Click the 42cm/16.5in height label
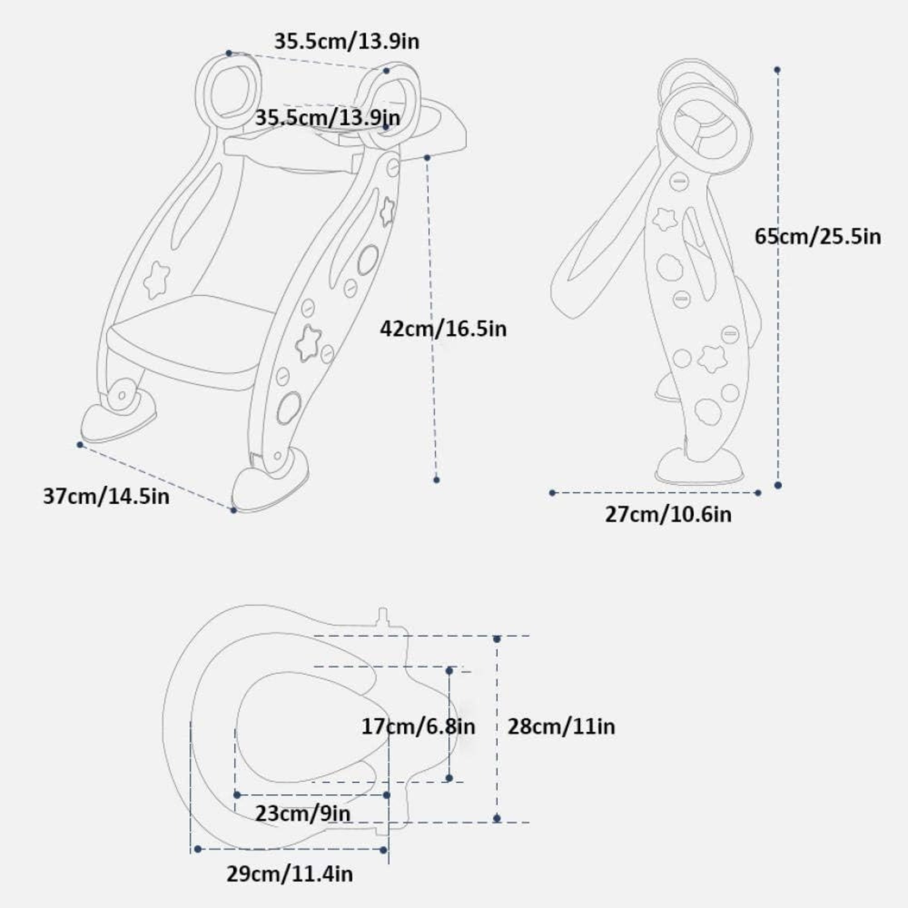(x=444, y=329)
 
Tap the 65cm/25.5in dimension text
(x=818, y=236)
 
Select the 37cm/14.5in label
(x=106, y=496)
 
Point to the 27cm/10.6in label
(x=668, y=515)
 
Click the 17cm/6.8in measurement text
(x=418, y=726)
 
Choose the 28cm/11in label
(x=561, y=726)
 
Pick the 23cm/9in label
(x=303, y=814)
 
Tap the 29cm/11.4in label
(x=289, y=874)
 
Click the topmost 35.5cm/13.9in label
(x=346, y=41)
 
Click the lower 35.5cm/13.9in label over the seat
(x=327, y=118)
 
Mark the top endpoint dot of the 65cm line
(x=777, y=70)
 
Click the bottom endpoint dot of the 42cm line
(x=436, y=479)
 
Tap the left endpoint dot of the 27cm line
(x=552, y=493)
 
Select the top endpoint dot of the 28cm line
(x=496, y=639)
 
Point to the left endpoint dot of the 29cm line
(x=198, y=849)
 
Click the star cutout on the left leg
(x=156, y=280)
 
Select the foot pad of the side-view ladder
(x=699, y=466)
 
